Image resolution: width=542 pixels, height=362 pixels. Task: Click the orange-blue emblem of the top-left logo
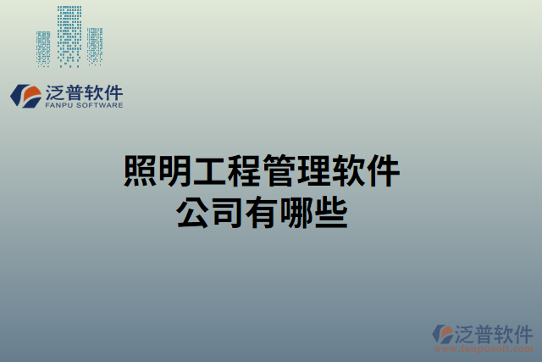[25, 95]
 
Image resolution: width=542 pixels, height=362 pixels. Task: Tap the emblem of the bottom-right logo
[443, 334]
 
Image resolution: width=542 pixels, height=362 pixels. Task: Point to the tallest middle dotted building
[69, 35]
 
